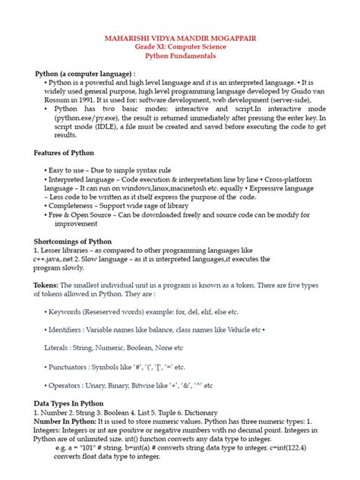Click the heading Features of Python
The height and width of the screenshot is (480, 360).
click(x=65, y=153)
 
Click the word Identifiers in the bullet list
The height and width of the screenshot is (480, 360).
click(x=71, y=330)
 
